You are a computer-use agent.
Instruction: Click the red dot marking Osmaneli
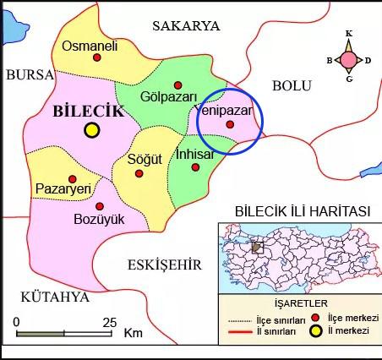click(x=96, y=57)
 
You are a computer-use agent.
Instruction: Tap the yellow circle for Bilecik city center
click(x=91, y=129)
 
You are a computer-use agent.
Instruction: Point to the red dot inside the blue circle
click(x=230, y=125)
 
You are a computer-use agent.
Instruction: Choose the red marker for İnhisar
click(x=196, y=167)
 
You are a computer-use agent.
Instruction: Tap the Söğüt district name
click(x=143, y=158)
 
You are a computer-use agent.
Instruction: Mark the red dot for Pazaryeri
click(x=73, y=179)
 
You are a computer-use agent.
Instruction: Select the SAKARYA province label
click(x=186, y=26)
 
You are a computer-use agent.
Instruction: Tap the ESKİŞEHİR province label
click(x=164, y=265)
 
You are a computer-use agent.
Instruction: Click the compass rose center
click(x=348, y=59)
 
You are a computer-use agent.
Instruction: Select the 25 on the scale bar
click(x=109, y=322)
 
